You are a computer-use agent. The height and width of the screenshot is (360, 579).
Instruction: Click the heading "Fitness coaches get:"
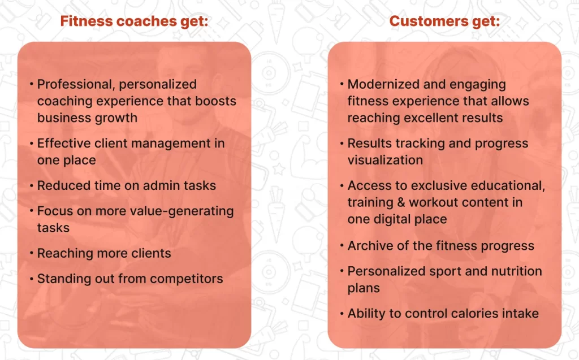[134, 21]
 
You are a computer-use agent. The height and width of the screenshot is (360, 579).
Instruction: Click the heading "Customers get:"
[444, 21]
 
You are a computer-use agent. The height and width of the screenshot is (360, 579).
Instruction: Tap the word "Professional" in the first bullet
[76, 85]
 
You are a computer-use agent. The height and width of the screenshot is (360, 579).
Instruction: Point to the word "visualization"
[385, 160]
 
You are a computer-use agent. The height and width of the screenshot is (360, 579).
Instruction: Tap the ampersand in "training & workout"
[401, 202]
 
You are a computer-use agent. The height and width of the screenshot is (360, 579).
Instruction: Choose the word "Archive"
[370, 245]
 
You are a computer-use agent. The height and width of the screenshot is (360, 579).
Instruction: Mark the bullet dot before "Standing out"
[32, 279]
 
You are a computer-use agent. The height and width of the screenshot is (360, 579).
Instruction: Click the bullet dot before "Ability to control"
[342, 314]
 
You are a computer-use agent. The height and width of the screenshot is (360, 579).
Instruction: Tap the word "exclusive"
[434, 185]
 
